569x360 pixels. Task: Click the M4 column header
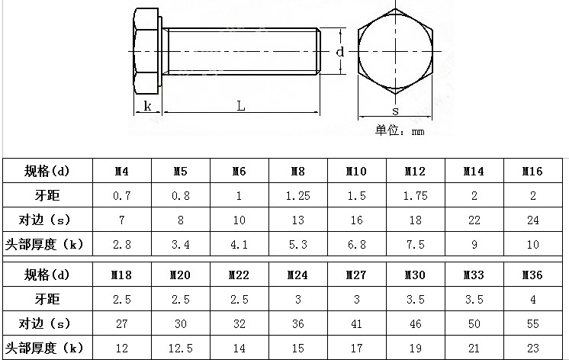121,172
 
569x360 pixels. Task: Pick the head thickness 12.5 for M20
180,348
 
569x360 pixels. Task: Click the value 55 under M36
532,323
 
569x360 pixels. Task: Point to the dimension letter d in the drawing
341,52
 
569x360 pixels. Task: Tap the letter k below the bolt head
146,106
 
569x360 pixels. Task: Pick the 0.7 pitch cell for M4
121,196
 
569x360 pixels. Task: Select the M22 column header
239,275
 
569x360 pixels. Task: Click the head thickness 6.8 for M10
356,245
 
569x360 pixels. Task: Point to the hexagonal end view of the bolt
395,50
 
